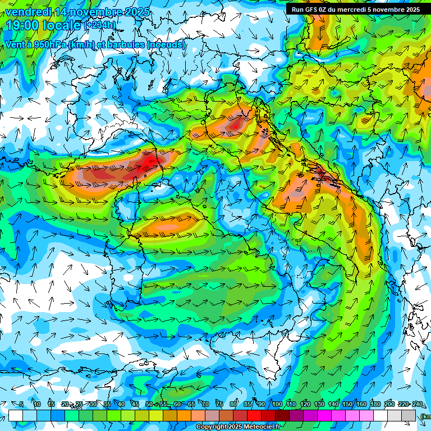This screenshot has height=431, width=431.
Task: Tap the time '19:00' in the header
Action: pyautogui.click(x=22, y=25)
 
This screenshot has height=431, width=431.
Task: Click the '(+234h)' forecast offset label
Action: pyautogui.click(x=100, y=25)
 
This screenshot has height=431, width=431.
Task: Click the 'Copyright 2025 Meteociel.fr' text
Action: pyautogui.click(x=243, y=427)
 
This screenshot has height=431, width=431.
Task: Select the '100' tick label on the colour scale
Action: pyautogui.click(x=277, y=404)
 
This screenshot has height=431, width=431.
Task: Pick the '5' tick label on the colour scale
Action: pyautogui.click(x=21, y=404)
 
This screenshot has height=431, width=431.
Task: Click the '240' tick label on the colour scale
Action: pyautogui.click(x=418, y=404)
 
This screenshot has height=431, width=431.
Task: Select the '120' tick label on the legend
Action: pyautogui.click(x=305, y=404)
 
